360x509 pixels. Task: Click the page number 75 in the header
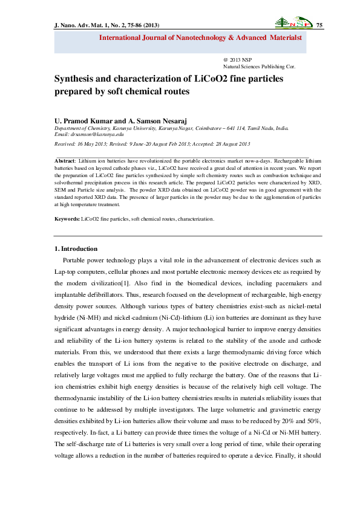(320, 24)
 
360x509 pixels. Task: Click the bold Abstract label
(64, 161)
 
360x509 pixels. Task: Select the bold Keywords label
(67, 218)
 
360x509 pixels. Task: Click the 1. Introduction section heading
(76, 248)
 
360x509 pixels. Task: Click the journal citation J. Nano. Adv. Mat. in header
(79, 24)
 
